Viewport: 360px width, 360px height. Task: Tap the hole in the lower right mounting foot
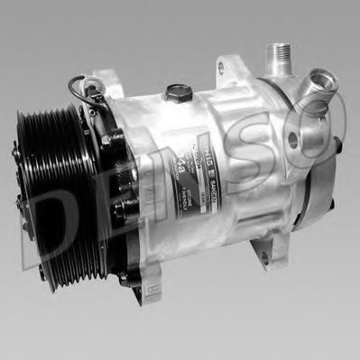click(x=264, y=256)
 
